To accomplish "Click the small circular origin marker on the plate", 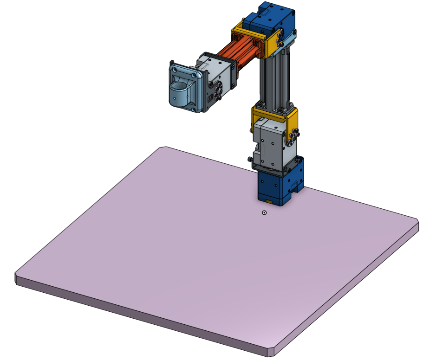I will (x=264, y=212).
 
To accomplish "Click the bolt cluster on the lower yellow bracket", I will (x=294, y=135).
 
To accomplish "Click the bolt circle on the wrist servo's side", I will (x=218, y=88).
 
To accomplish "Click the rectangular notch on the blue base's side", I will (x=295, y=187).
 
